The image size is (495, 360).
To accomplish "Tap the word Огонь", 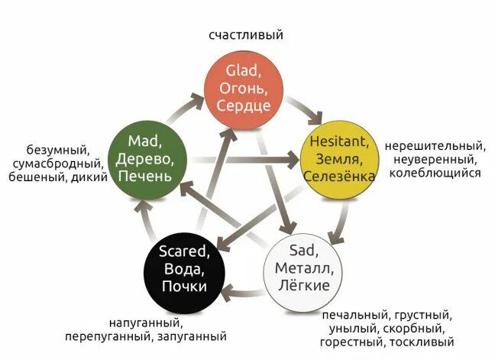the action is click(244, 89).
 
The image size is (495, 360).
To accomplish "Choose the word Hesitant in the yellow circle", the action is click(340, 141).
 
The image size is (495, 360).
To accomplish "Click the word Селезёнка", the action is click(340, 177).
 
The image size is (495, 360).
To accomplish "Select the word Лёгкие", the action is click(301, 286).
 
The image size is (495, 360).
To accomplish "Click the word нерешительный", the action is click(435, 145).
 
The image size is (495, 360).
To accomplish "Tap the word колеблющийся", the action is click(435, 173).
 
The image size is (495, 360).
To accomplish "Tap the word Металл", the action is click(301, 268).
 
